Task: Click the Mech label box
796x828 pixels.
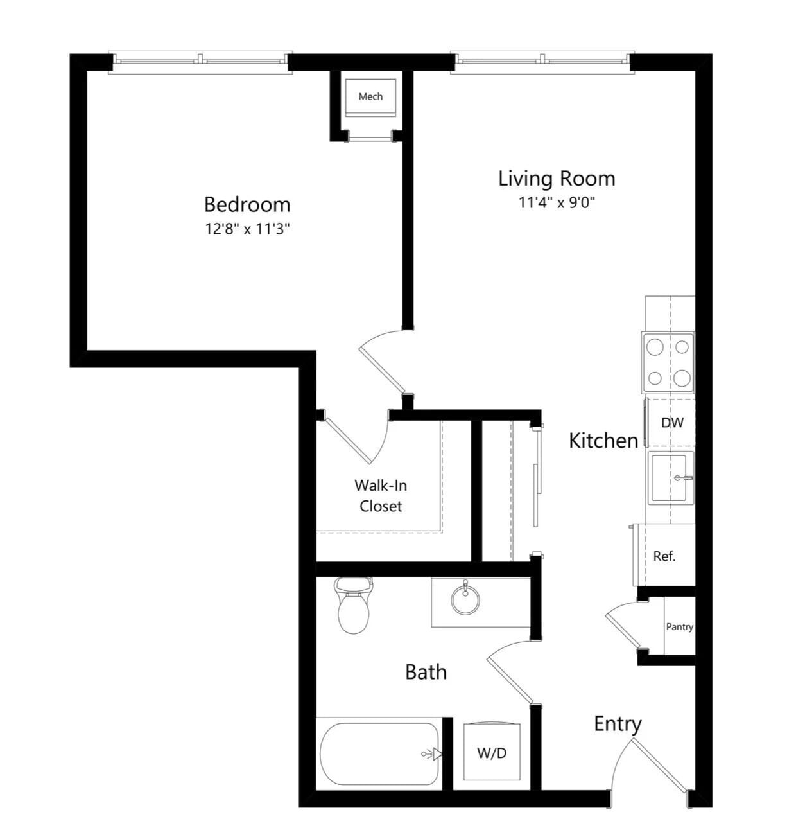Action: tap(370, 97)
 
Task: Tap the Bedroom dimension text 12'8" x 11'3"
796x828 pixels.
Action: tap(247, 229)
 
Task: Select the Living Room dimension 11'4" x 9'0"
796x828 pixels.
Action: tap(557, 202)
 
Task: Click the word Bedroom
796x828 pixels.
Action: tap(247, 204)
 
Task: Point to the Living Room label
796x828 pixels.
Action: tap(557, 178)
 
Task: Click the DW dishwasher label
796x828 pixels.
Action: tap(672, 423)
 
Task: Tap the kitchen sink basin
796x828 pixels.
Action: tap(670, 478)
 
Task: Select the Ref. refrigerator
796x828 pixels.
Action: tap(665, 556)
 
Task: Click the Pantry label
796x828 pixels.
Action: tap(679, 626)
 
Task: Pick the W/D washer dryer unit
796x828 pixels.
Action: tap(492, 752)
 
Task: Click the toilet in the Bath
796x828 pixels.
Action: tap(353, 607)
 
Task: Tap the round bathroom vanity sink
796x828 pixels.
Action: tap(465, 600)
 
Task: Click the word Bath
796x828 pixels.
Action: tap(426, 672)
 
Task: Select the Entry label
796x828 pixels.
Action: tap(618, 724)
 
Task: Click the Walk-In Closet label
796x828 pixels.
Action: tap(381, 495)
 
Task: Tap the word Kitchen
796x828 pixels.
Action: tap(603, 441)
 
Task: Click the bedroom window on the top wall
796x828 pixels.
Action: tap(200, 61)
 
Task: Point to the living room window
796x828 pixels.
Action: tap(542, 61)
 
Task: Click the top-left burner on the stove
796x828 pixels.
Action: tap(655, 348)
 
